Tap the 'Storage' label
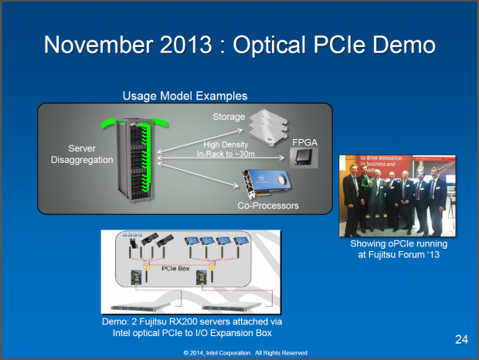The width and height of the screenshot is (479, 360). (227, 117)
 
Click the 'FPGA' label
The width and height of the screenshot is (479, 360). (305, 143)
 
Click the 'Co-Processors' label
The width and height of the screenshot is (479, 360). (268, 205)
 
